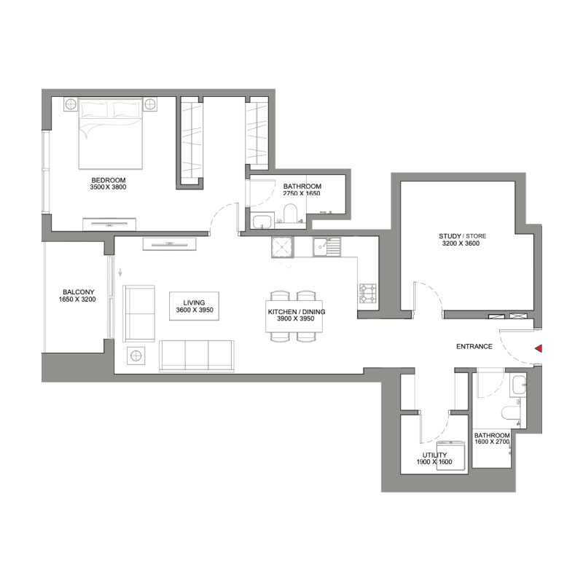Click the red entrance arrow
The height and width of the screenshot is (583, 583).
pos(539,349)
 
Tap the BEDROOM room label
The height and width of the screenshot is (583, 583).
pos(109,180)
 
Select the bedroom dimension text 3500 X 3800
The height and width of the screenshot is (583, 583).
pos(109,188)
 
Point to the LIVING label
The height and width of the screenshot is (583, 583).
pos(195,302)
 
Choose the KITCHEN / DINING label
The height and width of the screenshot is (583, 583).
pos(296,312)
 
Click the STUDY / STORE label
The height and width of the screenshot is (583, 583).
pos(462,236)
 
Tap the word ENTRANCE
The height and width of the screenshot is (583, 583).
pos(474,347)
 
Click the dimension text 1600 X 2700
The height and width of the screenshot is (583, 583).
pos(491,442)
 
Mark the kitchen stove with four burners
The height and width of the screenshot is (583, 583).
pos(367,293)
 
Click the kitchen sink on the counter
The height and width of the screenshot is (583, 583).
pos(327,249)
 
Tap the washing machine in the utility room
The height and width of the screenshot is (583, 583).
pos(450,455)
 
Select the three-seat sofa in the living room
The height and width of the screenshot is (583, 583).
pos(197,354)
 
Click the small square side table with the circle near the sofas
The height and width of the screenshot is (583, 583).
pos(136,356)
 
